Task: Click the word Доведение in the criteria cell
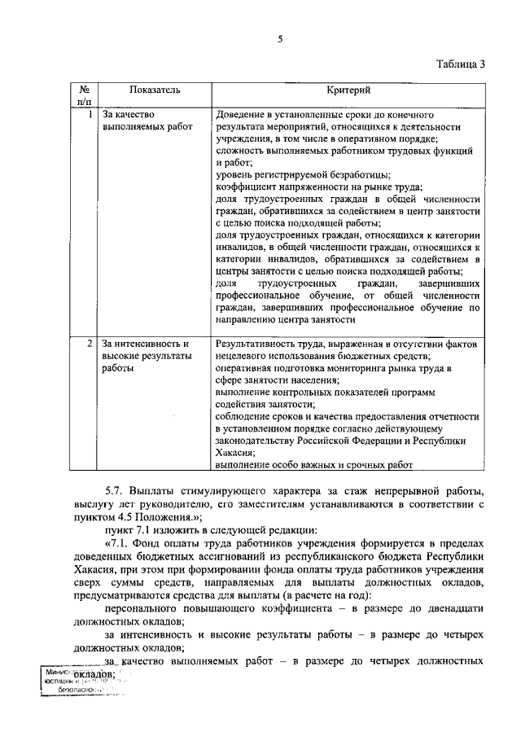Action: [x=243, y=116]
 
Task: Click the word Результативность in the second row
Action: [x=257, y=344]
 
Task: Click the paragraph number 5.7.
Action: [x=115, y=493]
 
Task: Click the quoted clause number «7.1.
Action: [x=116, y=542]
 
